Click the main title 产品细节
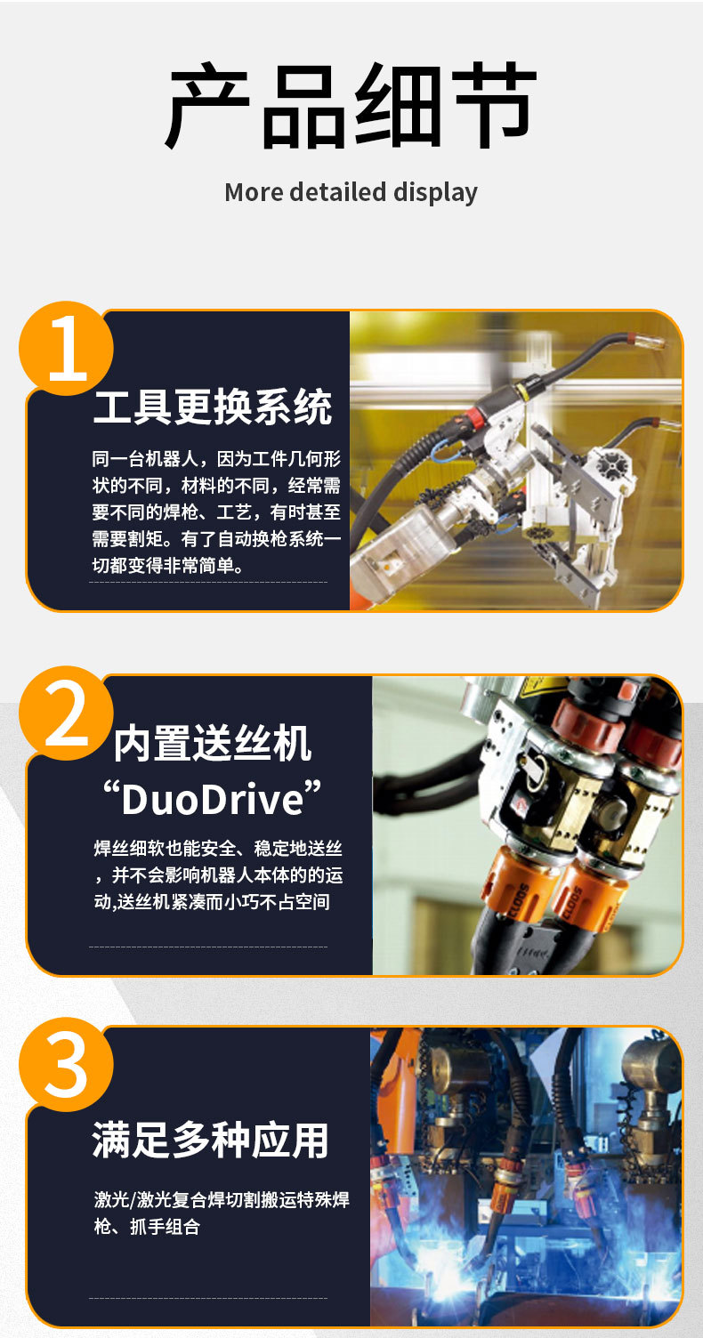[351, 108]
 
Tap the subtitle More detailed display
[351, 192]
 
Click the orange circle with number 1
[67, 348]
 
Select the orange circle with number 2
[67, 713]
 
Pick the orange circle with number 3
[67, 1065]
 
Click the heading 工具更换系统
[213, 407]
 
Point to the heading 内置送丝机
[213, 745]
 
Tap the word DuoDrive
[213, 798]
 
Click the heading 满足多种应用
[211, 1141]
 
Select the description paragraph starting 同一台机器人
[216, 512]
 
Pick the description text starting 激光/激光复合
[222, 1213]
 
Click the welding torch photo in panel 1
[516, 460]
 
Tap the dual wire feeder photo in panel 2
[527, 825]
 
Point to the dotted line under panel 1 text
[208, 583]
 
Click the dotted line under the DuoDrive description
[208, 947]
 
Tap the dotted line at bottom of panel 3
[208, 1298]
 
